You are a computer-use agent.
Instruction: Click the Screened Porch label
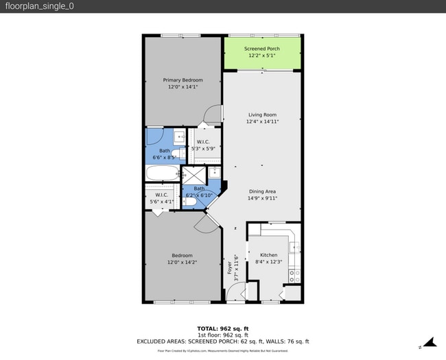coord(262,49)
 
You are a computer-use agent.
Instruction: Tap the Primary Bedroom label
coord(183,80)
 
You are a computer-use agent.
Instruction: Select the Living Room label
coord(262,115)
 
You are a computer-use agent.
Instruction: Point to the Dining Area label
coord(262,191)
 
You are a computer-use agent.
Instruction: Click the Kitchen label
coord(268,255)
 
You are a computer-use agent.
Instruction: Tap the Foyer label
coord(229,267)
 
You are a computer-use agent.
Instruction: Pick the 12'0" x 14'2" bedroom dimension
coord(183,262)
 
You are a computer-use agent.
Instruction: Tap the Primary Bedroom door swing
coord(215,115)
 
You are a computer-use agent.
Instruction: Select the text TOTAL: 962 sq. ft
coord(223,328)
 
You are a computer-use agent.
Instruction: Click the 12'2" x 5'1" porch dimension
coord(262,56)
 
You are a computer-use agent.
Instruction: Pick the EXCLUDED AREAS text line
coord(223,341)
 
